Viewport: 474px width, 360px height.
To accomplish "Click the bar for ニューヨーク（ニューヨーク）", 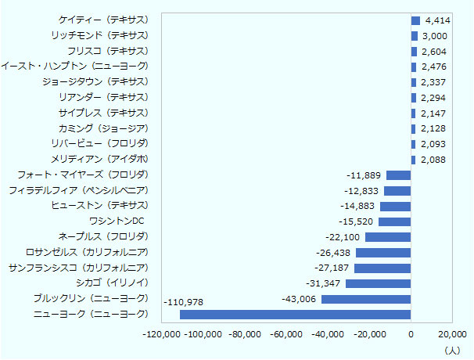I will [295, 315].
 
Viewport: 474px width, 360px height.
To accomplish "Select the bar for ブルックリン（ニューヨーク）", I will [366, 299].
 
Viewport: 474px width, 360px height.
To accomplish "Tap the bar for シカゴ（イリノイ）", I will [378, 283].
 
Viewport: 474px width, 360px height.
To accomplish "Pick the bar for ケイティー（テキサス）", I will [415, 20].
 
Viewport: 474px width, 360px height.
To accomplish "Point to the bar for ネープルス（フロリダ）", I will [388, 237].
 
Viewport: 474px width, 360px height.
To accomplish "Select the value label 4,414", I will [437, 20].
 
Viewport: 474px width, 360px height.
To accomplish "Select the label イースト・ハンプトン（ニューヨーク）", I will [74, 67].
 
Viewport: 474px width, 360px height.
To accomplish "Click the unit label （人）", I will [452, 349].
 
